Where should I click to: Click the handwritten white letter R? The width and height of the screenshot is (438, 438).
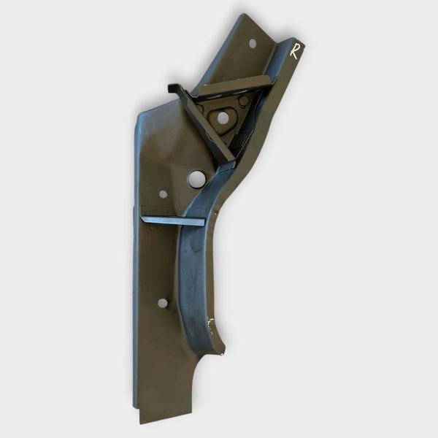click(x=294, y=51)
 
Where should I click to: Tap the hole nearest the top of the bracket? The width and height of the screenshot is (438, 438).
click(x=253, y=43)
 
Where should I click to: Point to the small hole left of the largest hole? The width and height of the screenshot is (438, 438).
click(x=163, y=194)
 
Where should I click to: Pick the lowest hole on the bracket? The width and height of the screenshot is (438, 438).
click(x=163, y=303)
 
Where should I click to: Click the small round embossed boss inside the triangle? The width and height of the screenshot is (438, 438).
click(x=244, y=100)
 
